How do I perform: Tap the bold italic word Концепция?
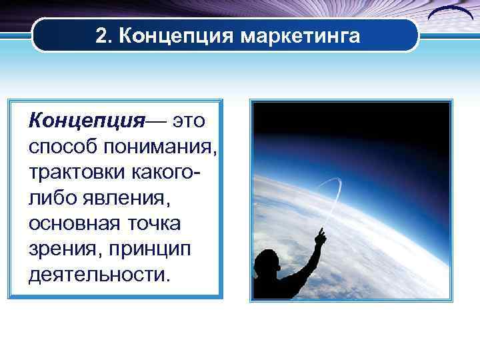pyautogui.click(x=87, y=121)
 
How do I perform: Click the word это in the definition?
pyautogui.click(x=190, y=121)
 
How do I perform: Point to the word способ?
pyautogui.click(x=58, y=147)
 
